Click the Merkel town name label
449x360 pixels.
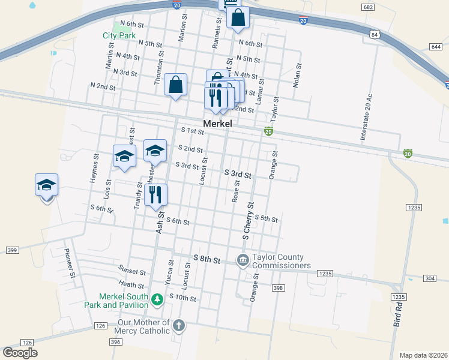pos(217,123)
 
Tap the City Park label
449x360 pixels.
pos(119,35)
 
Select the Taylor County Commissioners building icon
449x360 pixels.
pos(243,260)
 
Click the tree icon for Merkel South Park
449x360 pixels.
pos(157,299)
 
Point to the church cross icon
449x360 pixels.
pos(178,326)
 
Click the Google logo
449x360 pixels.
pos(20,353)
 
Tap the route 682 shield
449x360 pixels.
pos(369,7)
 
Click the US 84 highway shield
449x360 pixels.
pos(375,35)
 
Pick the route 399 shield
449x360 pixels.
pos(11,250)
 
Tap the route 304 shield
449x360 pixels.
pos(429,278)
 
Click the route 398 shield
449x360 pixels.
pos(277,289)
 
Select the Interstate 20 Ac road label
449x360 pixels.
pos(366,117)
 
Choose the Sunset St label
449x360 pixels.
pos(132,272)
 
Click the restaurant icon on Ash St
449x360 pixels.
pos(155,194)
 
